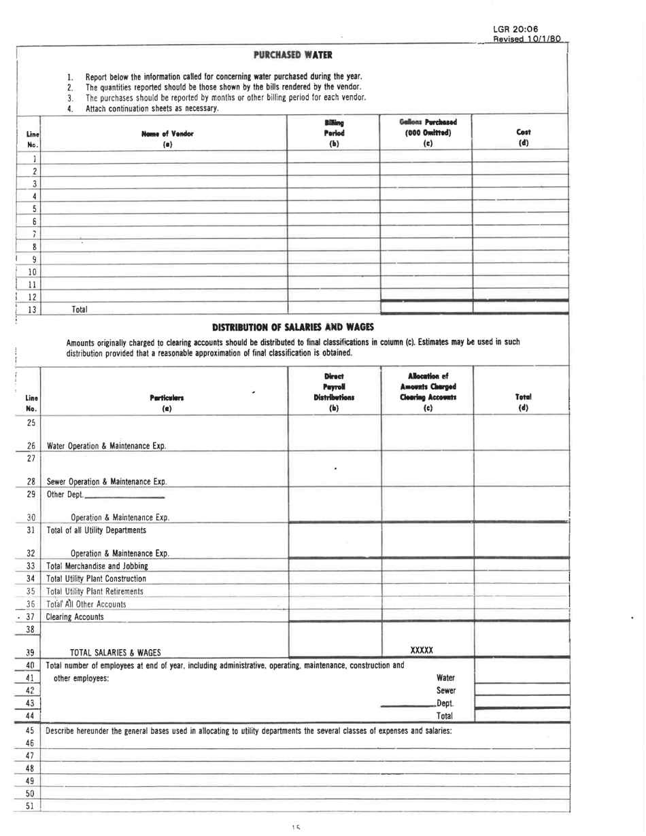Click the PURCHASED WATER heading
click(x=292, y=54)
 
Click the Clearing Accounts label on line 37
click(x=74, y=617)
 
